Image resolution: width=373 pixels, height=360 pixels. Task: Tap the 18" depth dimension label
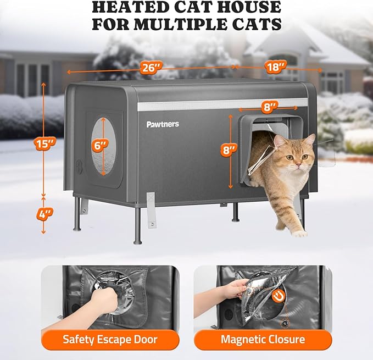(x=275, y=67)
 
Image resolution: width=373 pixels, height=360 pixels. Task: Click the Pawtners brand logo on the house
(x=163, y=124)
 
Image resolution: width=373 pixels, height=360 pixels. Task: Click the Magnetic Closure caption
(x=263, y=339)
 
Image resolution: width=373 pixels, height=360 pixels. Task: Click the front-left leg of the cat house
(x=137, y=225)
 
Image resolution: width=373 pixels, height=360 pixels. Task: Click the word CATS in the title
(x=263, y=25)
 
